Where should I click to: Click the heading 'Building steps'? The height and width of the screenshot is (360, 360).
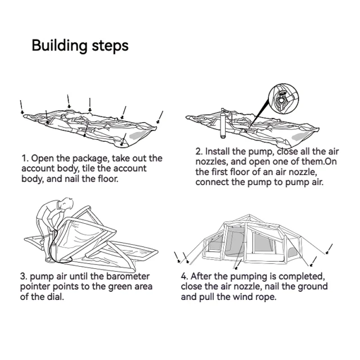coord(80,46)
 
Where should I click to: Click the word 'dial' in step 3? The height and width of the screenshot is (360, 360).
coord(56,297)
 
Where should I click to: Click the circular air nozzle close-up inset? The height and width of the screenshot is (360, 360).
coord(283,98)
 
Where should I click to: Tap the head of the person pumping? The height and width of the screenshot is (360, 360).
coord(66,204)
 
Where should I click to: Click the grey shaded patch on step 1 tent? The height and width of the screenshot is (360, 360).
coord(138,136)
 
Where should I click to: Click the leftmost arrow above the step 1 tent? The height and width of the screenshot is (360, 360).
coord(21,107)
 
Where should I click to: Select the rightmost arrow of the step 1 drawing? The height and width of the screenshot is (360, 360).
coord(160,118)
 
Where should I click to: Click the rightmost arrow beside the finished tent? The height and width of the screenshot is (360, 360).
coord(329,249)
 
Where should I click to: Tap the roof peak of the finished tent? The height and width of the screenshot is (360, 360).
coord(250,215)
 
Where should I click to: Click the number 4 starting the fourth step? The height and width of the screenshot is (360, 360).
coord(184,276)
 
